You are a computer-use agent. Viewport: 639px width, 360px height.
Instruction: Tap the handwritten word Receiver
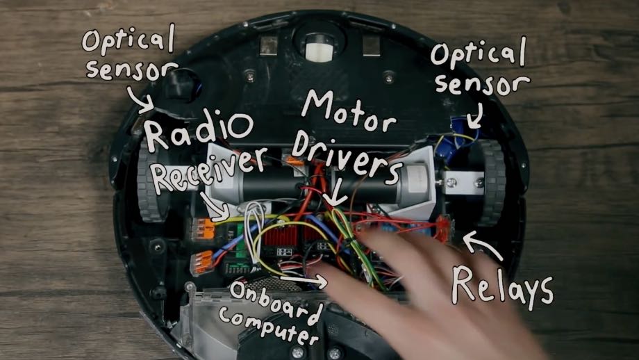(x=208, y=170)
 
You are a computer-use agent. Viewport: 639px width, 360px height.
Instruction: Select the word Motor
(x=349, y=109)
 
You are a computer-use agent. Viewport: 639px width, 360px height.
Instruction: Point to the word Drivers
(x=347, y=156)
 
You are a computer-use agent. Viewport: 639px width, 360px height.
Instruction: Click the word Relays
(x=502, y=286)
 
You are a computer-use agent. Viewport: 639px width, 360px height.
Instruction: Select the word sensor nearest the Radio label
(x=131, y=70)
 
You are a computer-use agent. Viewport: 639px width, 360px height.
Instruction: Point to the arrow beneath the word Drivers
(x=334, y=195)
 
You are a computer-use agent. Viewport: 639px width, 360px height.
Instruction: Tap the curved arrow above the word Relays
(x=483, y=245)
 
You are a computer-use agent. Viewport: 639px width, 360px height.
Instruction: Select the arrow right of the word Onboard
(x=304, y=280)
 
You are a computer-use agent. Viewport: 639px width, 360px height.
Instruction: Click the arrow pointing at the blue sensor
(x=476, y=115)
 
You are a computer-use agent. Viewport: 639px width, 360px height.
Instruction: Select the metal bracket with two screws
(x=464, y=183)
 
